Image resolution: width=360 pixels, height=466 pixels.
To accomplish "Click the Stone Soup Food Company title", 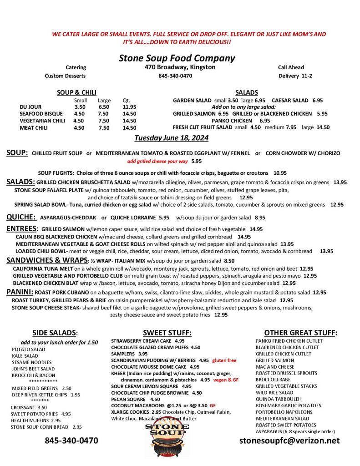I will [177, 58].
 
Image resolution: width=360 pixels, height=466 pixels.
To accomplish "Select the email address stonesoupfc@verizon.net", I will [289, 441].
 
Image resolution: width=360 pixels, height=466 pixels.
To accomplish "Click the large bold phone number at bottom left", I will [71, 441].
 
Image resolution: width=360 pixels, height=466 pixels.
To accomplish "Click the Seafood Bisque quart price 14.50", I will [129, 114].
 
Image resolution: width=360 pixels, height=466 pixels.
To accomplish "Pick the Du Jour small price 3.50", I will [80, 107].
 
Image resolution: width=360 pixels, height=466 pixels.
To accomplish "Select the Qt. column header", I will [127, 101].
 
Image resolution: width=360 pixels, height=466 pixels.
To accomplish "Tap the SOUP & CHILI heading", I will [76, 93].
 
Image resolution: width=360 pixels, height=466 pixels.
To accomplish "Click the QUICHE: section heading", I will [21, 217].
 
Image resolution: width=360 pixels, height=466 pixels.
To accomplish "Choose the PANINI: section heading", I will [19, 292].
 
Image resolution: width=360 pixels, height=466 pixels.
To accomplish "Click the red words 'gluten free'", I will [224, 360].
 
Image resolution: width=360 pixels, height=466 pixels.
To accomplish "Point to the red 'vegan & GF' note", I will [226, 380].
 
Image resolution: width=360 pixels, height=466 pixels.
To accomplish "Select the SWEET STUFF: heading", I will [167, 333].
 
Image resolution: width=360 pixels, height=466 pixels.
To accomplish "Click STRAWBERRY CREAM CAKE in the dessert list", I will [142, 341].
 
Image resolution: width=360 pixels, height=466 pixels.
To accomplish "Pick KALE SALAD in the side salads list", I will [25, 356].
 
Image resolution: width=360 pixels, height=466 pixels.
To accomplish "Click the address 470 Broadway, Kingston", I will [177, 67].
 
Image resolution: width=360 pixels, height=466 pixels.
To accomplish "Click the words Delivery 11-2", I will [295, 76].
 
